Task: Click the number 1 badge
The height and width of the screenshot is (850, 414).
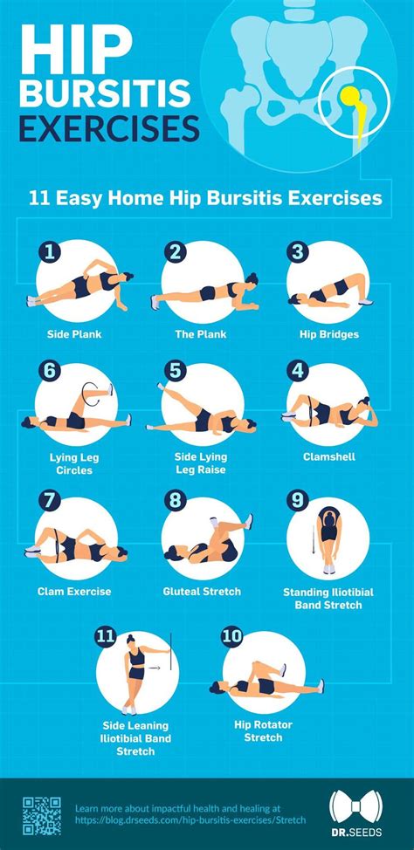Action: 50,254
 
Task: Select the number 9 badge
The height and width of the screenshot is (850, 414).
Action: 298,500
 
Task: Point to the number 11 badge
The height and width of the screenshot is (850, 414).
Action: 106,637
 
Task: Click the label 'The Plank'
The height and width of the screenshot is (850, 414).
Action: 202,334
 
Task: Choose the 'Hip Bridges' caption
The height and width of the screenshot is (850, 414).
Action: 328,334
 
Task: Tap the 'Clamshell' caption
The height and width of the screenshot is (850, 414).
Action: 327,456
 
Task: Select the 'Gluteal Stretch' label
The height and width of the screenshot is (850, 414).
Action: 202,592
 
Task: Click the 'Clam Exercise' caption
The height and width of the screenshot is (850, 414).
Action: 74,592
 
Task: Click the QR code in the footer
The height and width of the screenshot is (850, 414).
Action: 42,815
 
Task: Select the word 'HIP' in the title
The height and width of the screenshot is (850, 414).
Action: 72,51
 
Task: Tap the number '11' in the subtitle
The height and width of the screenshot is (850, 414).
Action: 38,198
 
